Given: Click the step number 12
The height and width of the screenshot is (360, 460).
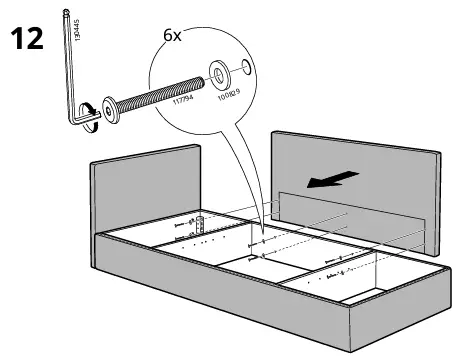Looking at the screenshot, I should (x=27, y=41).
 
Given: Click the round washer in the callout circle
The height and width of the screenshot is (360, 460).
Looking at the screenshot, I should (x=216, y=74).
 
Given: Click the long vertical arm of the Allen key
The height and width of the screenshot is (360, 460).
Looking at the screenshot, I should (x=70, y=60).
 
